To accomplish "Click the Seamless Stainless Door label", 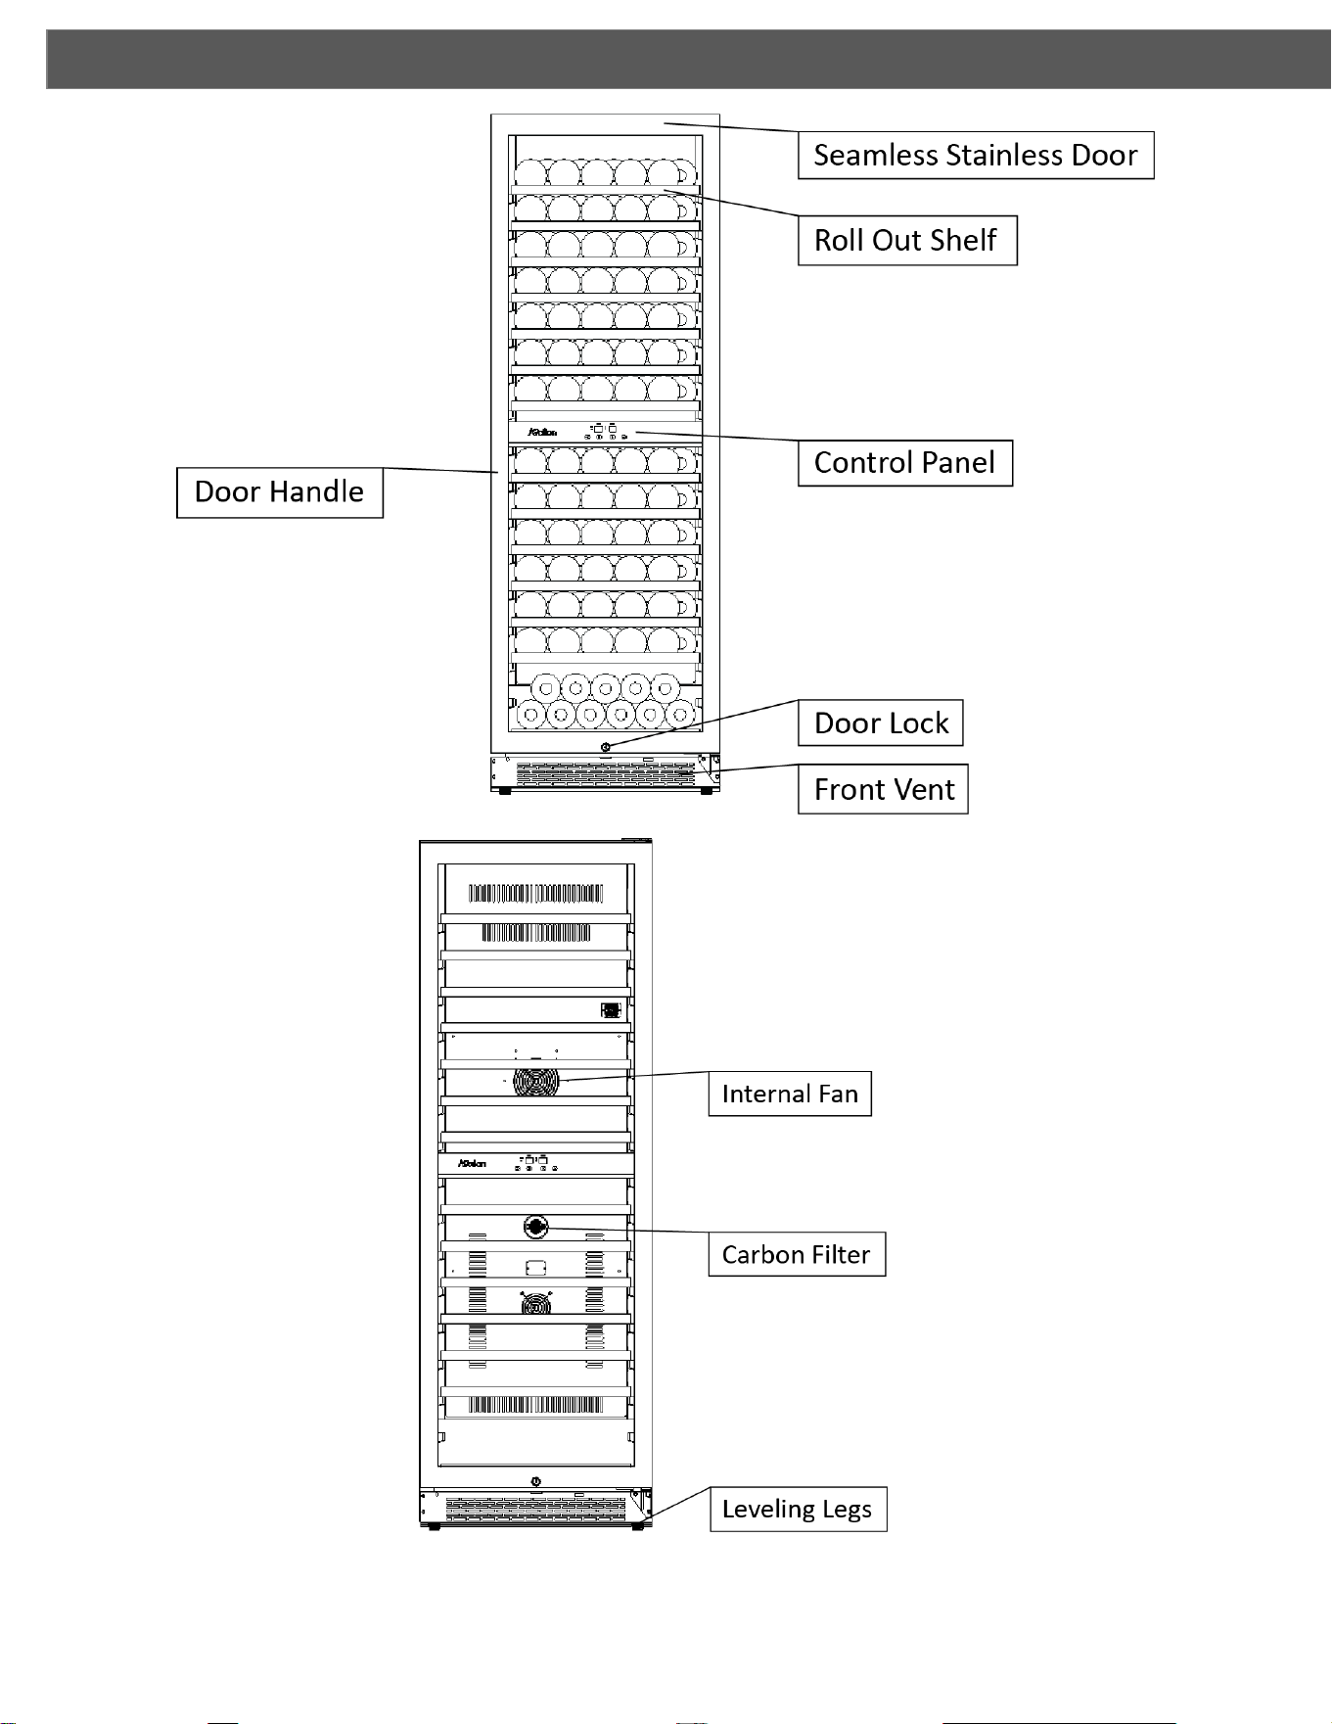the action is (976, 155).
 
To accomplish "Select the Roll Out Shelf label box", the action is (907, 240).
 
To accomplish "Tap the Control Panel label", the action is (904, 462).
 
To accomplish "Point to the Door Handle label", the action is (279, 491).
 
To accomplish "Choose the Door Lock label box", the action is (881, 722).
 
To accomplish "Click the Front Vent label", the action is (883, 789).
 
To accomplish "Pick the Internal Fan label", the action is (790, 1094).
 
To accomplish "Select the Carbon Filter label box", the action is (797, 1254).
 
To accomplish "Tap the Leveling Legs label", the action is (798, 1509).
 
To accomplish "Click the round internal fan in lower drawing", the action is (536, 1082).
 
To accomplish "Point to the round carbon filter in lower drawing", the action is (535, 1227).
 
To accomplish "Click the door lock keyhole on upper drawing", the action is (606, 747).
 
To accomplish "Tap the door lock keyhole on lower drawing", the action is (535, 1481).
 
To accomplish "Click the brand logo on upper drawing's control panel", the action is (542, 432).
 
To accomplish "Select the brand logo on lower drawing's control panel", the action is (473, 1163).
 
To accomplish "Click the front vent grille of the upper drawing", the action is (605, 773).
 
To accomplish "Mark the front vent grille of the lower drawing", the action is (535, 1508).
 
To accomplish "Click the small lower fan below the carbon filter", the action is (535, 1303).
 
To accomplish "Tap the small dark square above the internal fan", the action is (611, 1010).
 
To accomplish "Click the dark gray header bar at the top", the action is (689, 59).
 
